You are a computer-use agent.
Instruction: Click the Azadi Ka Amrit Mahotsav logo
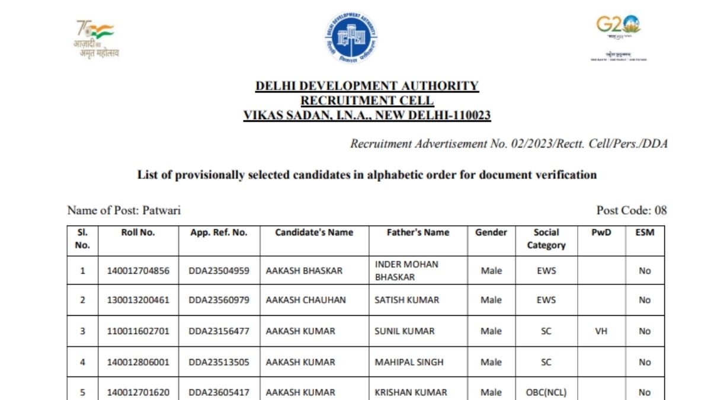96,39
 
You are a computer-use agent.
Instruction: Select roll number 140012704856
138,271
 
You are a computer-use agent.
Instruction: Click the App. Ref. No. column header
219,232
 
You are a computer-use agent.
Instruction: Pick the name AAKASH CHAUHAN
306,300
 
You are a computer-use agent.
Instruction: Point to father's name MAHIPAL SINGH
409,362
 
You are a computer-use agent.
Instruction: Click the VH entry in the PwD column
601,331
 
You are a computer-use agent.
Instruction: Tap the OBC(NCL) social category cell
546,392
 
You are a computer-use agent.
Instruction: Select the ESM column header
645,232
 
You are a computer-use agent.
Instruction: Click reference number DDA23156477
219,331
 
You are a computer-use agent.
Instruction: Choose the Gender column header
491,232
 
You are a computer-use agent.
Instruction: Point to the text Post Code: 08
632,210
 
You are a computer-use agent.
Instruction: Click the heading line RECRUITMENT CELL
367,101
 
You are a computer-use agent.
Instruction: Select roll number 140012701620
138,392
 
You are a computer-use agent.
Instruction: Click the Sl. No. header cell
82,238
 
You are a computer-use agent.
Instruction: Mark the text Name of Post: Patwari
124,210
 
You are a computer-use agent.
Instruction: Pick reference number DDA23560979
219,300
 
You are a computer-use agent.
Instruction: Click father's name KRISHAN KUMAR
411,392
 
